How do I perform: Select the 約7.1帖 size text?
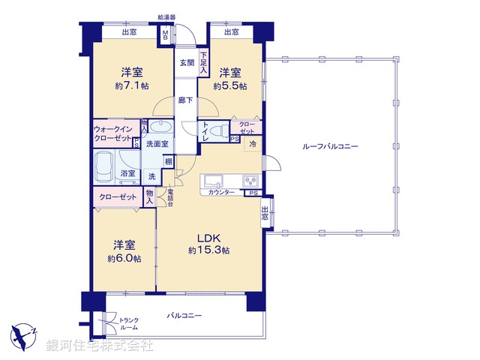pos(133,86)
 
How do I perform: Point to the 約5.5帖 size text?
pos(229,86)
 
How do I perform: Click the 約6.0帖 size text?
pos(124,259)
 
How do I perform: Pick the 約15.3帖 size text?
pos(208,250)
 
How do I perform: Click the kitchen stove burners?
pos(250,181)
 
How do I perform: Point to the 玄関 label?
pos(186,64)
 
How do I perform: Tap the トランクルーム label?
pos(128,325)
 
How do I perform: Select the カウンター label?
pos(221,193)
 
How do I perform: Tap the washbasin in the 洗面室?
pos(160,126)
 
